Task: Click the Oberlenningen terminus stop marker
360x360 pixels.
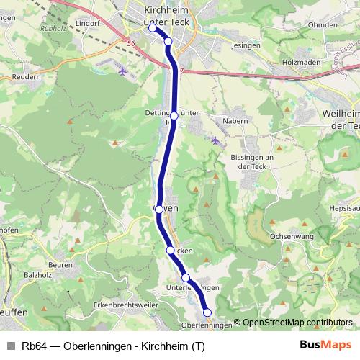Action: (x=207, y=312)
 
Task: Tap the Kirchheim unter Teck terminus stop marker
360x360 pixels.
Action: (x=152, y=28)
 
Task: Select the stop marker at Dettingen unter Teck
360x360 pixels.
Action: (x=174, y=115)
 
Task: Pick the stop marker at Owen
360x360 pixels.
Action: (x=159, y=210)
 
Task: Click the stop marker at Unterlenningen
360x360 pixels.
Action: (x=186, y=278)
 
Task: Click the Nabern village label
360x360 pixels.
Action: (x=235, y=121)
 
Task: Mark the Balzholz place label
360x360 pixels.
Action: (x=38, y=274)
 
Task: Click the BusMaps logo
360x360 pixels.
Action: (x=325, y=345)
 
